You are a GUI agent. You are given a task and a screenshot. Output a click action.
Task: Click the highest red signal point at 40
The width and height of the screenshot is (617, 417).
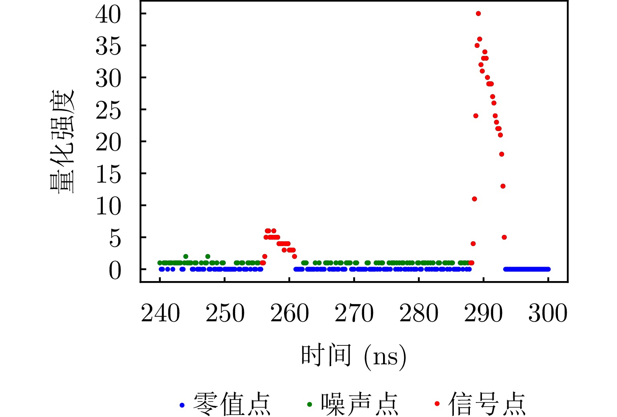(478, 14)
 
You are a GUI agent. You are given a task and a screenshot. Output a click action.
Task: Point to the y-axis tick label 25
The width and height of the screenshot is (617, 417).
(108, 110)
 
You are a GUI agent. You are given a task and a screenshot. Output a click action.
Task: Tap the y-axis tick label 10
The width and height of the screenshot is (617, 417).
(108, 206)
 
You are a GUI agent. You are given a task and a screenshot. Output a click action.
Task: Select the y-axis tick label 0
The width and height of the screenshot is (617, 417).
(115, 270)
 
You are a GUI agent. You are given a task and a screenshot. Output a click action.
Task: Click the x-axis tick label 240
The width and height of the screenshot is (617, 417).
(160, 314)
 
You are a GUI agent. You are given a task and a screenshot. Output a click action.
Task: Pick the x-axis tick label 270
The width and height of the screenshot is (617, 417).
(354, 314)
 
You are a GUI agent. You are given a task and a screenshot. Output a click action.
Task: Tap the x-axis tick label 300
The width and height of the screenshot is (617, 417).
(547, 314)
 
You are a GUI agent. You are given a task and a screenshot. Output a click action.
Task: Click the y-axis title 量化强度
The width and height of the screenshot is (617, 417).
(62, 142)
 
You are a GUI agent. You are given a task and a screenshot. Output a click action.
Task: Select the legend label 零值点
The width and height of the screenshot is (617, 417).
(232, 404)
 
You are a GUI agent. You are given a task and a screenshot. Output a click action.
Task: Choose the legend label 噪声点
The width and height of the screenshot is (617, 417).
(359, 404)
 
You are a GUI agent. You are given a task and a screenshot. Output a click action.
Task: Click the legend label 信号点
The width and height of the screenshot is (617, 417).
(487, 404)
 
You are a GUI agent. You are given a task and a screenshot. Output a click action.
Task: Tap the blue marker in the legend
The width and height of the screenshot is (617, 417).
(182, 405)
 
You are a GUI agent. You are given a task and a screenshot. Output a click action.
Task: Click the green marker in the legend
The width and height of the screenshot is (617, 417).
(309, 405)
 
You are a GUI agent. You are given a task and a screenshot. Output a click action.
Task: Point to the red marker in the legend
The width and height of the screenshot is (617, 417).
(437, 404)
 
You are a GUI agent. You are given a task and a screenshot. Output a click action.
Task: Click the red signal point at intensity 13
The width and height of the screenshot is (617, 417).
(503, 186)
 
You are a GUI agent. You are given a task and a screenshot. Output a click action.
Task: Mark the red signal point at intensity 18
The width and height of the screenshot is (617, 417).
(502, 154)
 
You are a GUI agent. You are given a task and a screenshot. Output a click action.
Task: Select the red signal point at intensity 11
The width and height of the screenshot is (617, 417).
(474, 199)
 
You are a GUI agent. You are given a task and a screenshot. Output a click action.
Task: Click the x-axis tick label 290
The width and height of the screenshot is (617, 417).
(483, 314)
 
